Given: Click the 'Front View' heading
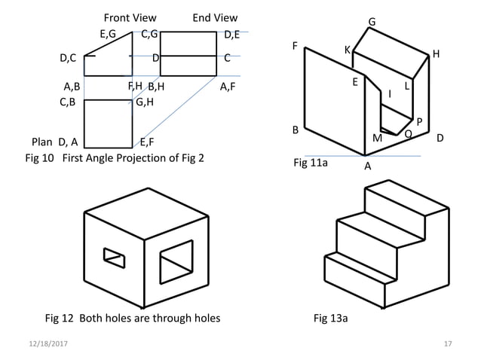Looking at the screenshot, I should click(x=130, y=17).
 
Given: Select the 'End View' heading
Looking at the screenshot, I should click(x=215, y=17).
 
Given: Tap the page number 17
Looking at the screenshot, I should click(x=448, y=343).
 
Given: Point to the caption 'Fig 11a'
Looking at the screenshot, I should click(x=309, y=162).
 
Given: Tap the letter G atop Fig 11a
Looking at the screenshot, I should click(x=372, y=22).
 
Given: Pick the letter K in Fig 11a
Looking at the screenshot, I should click(x=348, y=50).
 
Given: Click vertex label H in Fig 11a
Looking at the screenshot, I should click(x=437, y=55).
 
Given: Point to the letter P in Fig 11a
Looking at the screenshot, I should click(x=419, y=121).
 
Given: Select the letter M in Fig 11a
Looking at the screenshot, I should click(x=377, y=138).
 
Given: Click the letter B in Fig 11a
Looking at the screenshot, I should click(x=296, y=130).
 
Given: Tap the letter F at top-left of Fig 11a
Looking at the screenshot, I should click(x=296, y=46).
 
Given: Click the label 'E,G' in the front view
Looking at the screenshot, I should click(x=108, y=34).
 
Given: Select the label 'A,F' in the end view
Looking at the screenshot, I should click(x=228, y=87).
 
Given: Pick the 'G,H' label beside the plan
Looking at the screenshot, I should click(x=145, y=102).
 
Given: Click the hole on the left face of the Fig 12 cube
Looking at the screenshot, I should click(x=114, y=256).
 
